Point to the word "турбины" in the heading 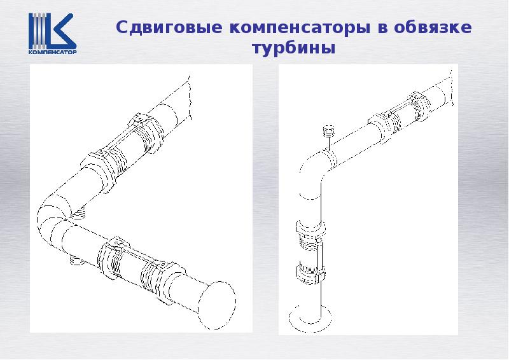point(293,48)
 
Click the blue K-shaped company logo point(52,31)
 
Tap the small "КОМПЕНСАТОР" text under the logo point(52,54)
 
